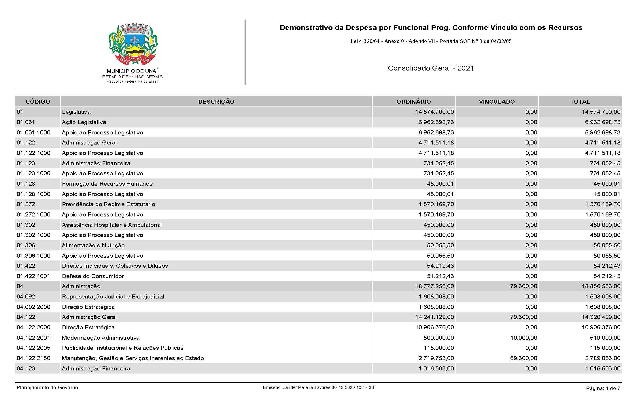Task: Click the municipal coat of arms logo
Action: tap(133, 45)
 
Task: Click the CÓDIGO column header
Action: tap(38, 102)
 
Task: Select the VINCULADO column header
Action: tap(497, 102)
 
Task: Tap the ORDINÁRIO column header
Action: tap(413, 102)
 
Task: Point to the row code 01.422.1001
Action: tap(33, 276)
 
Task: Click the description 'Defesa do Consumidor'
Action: tap(93, 276)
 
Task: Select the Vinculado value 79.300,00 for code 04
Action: tap(523, 286)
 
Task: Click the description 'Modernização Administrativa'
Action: tap(101, 338)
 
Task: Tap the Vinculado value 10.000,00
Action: tap(523, 338)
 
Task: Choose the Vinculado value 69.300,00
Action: tap(523, 358)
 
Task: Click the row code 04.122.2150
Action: tap(33, 358)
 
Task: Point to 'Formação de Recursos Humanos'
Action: tap(107, 184)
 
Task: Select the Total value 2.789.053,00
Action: tap(603, 358)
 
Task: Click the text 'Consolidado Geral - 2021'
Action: tap(431, 68)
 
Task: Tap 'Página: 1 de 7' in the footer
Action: tap(603, 388)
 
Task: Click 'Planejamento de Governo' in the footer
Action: tap(47, 387)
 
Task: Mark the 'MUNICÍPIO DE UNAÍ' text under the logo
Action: tap(132, 71)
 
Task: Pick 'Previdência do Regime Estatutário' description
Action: tap(108, 204)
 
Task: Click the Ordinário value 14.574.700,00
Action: tap(434, 112)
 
